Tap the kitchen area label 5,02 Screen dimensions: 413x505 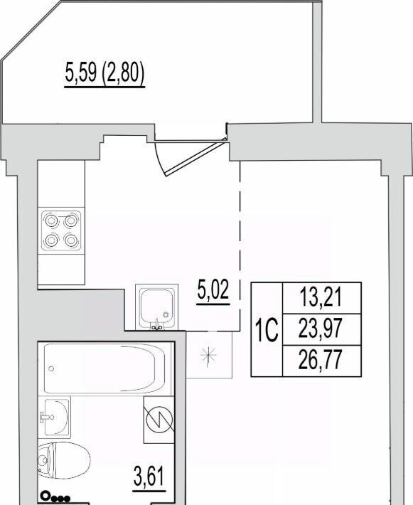(213, 289)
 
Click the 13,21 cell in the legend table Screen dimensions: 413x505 (321, 297)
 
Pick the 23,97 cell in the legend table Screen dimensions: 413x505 (321, 329)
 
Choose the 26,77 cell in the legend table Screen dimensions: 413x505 (321, 361)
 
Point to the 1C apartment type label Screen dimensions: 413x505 (267, 330)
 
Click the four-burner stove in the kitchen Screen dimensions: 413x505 (61, 231)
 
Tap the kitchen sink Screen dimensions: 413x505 (157, 307)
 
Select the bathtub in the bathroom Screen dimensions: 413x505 (104, 368)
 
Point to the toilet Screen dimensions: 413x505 (65, 461)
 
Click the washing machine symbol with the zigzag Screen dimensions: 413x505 (159, 420)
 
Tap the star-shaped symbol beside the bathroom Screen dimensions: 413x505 (208, 355)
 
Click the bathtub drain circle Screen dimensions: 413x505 (51, 368)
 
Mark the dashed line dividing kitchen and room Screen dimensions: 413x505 (240, 245)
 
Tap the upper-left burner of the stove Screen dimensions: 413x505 (51, 221)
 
